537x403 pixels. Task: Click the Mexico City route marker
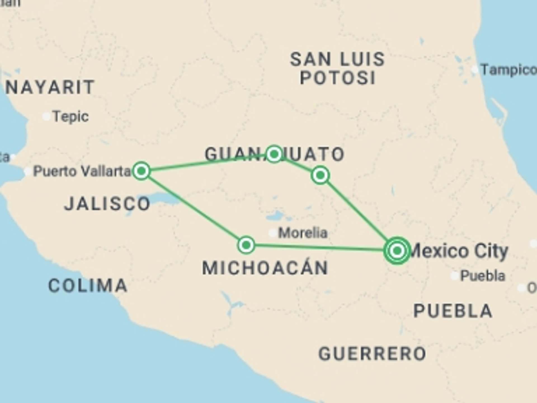click(397, 250)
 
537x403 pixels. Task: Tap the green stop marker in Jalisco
click(142, 170)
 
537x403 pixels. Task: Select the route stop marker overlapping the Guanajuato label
click(274, 154)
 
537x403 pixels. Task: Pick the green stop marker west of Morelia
click(246, 245)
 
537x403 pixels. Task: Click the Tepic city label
click(71, 116)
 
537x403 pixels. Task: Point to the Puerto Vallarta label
click(82, 171)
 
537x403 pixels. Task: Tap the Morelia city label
click(303, 233)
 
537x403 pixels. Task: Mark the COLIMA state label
click(88, 285)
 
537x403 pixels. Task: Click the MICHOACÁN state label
click(265, 268)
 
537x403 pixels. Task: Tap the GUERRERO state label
click(372, 353)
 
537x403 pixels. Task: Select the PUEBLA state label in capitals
click(453, 311)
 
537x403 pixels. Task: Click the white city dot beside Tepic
click(46, 116)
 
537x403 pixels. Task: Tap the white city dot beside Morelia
click(273, 233)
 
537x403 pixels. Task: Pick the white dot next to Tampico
click(475, 70)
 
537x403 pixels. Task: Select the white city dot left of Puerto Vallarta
click(28, 171)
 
